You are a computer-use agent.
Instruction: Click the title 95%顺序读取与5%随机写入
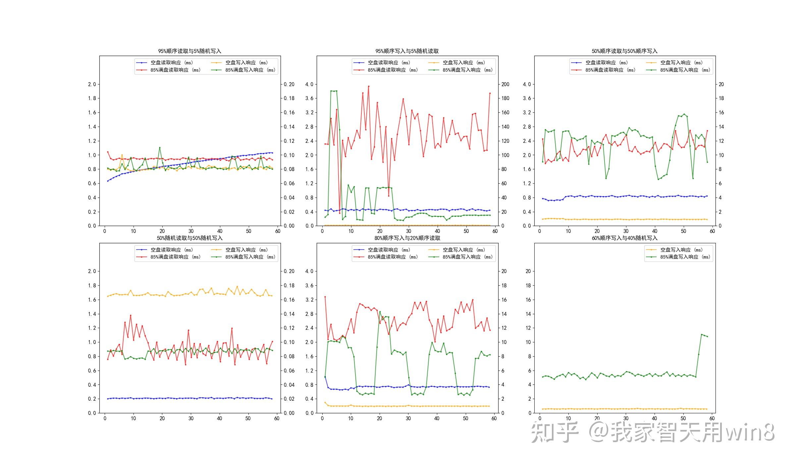(x=189, y=51)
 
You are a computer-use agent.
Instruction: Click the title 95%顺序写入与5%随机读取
(x=407, y=51)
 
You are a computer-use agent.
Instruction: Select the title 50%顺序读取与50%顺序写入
(x=624, y=51)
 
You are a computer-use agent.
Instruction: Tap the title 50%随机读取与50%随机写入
(x=189, y=238)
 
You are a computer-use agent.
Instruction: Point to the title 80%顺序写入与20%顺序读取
(x=407, y=238)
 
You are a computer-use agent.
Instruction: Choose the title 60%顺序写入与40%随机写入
(x=624, y=238)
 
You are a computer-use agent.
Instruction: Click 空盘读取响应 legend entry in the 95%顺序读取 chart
(x=172, y=63)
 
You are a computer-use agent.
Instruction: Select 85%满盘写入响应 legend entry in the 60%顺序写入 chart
(x=685, y=257)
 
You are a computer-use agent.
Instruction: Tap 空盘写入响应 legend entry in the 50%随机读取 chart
(x=246, y=250)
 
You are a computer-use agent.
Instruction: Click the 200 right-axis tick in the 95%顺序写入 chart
(x=505, y=84)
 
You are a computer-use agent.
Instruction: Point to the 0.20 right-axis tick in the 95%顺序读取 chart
(x=289, y=84)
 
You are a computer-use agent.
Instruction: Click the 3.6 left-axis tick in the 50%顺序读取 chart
(x=527, y=98)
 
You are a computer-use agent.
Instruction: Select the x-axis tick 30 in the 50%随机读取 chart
(x=191, y=418)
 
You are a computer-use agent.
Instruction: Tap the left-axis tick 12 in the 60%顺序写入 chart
(x=528, y=328)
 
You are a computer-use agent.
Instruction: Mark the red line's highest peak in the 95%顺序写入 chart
(x=369, y=86)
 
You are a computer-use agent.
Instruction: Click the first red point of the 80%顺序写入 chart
(x=325, y=297)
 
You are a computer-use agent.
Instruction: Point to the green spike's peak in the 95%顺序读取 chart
(x=160, y=148)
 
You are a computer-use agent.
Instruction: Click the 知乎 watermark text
(x=555, y=432)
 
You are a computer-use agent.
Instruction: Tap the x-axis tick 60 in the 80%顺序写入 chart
(x=494, y=418)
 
